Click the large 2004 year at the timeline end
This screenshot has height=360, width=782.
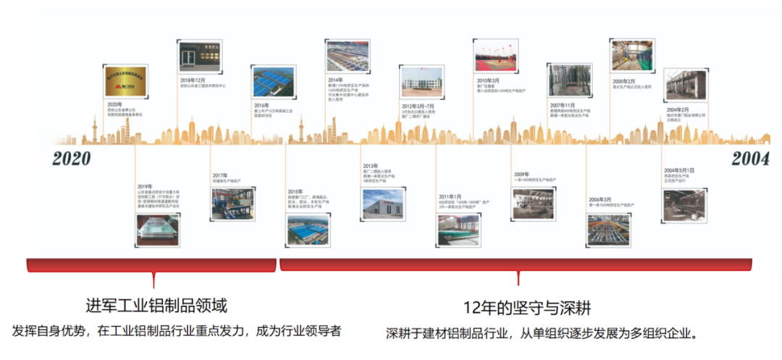point(750,159)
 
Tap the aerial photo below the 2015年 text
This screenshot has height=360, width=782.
point(308,230)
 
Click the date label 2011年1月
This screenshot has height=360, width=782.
point(450,196)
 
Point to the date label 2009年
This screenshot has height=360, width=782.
point(522,174)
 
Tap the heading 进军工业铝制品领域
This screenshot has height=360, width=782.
point(156,306)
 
